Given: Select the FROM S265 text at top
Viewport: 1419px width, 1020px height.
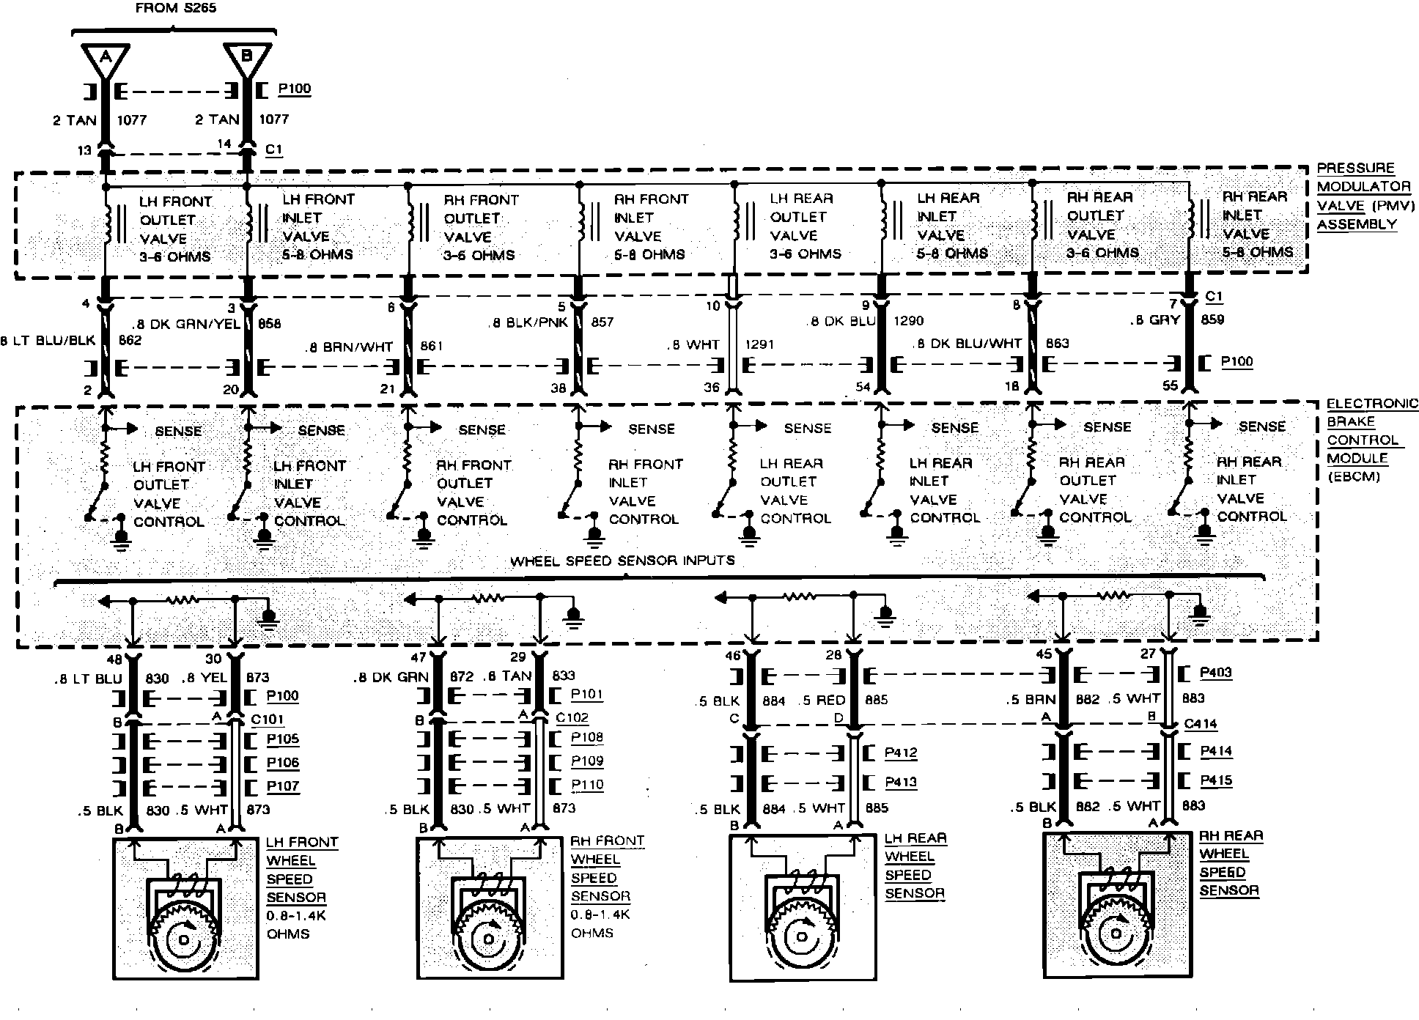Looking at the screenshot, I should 175,9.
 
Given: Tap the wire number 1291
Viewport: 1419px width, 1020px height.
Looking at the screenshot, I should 759,344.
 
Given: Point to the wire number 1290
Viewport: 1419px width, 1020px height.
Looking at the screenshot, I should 908,321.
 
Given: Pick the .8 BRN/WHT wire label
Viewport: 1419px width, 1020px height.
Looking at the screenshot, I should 349,346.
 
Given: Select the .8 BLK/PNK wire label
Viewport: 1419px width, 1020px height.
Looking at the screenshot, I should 528,322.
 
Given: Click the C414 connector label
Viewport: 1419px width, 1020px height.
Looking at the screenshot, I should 1200,724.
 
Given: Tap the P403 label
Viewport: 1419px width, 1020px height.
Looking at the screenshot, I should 1215,673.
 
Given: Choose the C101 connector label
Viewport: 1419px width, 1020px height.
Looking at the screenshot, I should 268,720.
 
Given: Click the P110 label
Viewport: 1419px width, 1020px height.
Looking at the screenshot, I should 587,785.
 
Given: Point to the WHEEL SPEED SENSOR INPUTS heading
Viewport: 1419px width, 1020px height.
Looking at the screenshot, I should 622,561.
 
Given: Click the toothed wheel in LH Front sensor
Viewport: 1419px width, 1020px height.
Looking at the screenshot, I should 183,938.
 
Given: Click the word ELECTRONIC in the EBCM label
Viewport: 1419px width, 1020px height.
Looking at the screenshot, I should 1372,404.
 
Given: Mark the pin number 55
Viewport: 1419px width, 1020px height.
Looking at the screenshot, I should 1170,385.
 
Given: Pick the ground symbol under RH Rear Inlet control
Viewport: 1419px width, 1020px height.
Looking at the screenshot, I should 1204,533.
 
